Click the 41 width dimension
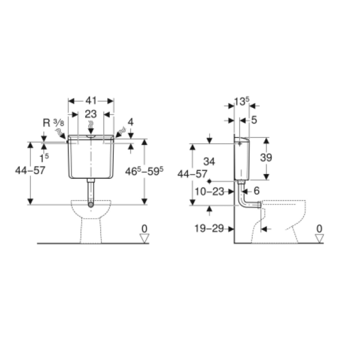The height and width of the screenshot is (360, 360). [91, 101]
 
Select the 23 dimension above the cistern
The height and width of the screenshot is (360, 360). [91, 114]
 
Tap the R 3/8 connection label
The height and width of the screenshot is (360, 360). [54, 123]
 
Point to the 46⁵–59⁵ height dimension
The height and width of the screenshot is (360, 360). [144, 171]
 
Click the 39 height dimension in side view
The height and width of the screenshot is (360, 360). [266, 157]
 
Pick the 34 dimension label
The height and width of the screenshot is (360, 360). [209, 162]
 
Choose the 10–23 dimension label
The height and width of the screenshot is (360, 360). [209, 191]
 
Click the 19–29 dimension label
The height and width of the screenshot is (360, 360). [209, 228]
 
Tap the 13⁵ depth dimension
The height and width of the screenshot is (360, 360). [241, 101]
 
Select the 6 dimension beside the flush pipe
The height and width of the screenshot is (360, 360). [256, 191]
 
